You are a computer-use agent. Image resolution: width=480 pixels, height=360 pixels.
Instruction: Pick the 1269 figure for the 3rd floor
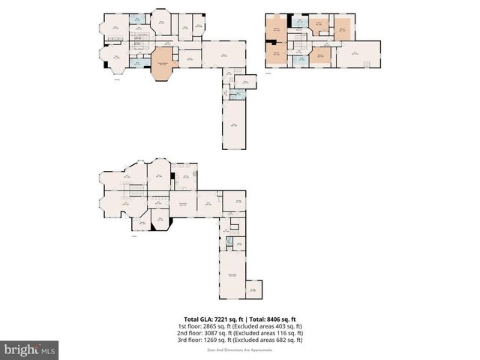pyautogui.click(x=209, y=339)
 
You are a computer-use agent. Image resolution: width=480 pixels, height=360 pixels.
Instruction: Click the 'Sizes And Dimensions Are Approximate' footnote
pyautogui.click(x=239, y=349)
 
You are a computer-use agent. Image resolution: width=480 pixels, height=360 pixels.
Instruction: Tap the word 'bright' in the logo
pyautogui.click(x=20, y=349)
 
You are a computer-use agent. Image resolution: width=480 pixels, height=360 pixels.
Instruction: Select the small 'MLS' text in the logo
pyautogui.click(x=49, y=350)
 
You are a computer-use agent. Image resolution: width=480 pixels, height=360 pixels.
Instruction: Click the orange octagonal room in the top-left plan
pyautogui.click(x=163, y=63)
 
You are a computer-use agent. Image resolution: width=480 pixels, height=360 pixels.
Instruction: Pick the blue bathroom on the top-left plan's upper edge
pyautogui.click(x=136, y=19)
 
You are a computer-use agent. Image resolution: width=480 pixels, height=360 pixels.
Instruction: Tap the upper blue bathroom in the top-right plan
pyautogui.click(x=299, y=22)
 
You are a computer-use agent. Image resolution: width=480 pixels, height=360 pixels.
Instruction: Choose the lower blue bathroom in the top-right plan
pyautogui.click(x=300, y=58)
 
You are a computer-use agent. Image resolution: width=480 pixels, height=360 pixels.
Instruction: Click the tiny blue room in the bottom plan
pyautogui.click(x=229, y=243)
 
